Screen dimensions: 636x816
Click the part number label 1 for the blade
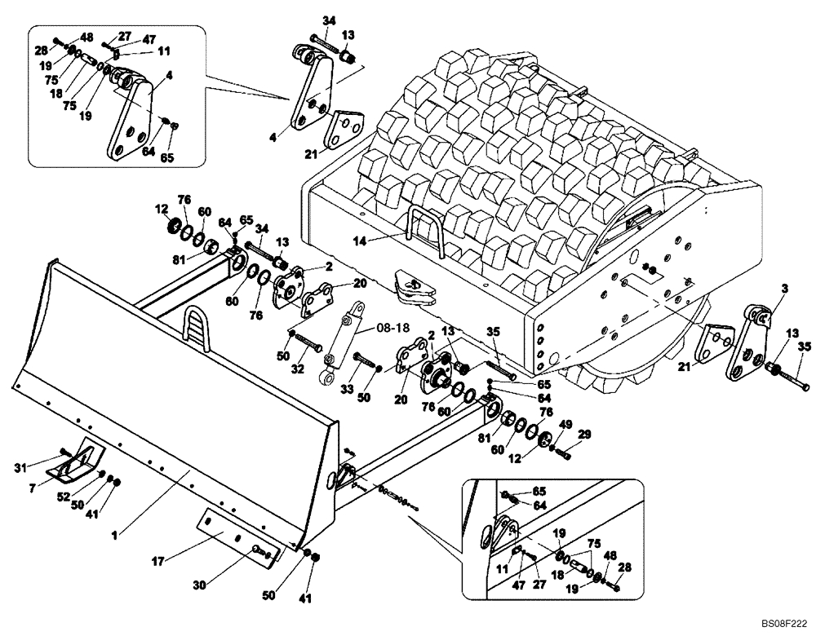click(x=115, y=535)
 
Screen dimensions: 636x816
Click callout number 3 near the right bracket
click(x=761, y=289)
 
